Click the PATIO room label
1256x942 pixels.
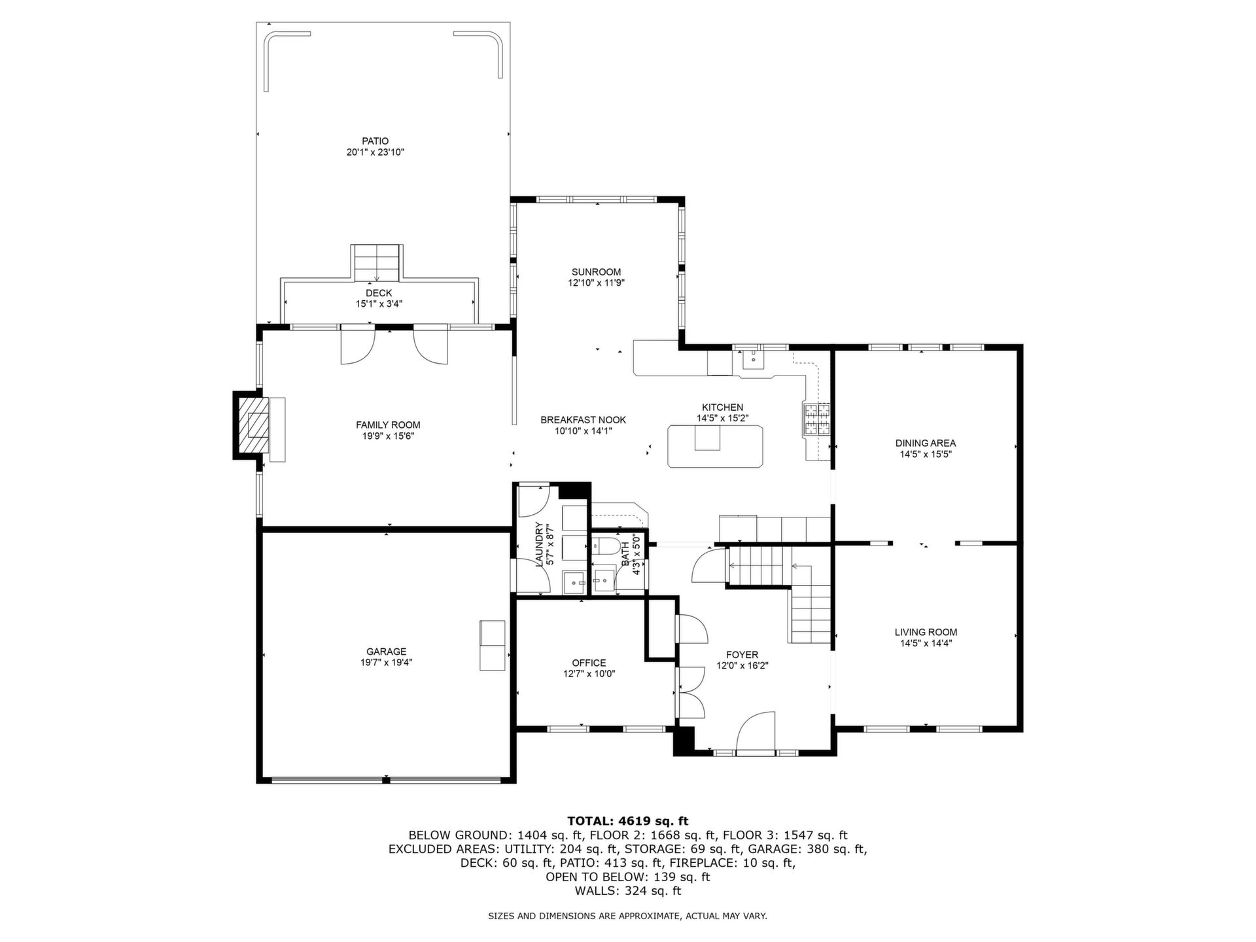(375, 141)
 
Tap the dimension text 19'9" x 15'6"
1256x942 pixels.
(388, 436)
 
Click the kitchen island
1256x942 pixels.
(716, 446)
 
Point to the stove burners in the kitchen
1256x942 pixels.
(816, 419)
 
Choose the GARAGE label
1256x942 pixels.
(387, 652)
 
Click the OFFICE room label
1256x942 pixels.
(589, 663)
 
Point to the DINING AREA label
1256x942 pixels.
(926, 443)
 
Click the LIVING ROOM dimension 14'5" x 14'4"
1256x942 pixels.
(926, 643)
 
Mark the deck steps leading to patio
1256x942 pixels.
(377, 262)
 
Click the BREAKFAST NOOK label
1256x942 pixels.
(584, 420)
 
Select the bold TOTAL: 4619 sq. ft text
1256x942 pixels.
(628, 821)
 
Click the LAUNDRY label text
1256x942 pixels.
(540, 544)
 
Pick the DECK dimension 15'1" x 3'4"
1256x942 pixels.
(379, 304)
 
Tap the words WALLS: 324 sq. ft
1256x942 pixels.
(628, 891)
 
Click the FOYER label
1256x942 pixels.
(742, 655)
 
